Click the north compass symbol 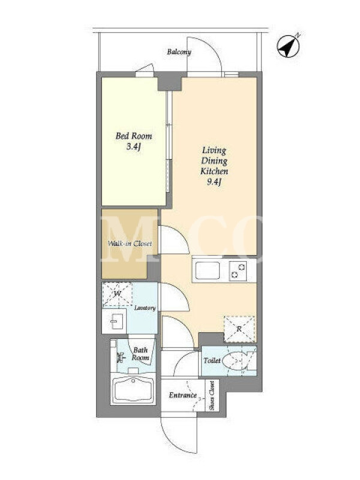click(288, 46)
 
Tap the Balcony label click(179, 52)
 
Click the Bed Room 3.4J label click(134, 141)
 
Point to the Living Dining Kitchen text click(214, 161)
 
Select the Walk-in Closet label click(130, 244)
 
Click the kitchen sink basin click(207, 271)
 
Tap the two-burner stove click(238, 271)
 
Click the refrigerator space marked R click(239, 329)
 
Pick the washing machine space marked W click(117, 295)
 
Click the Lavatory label click(145, 308)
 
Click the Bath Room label click(140, 353)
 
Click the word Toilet click(212, 361)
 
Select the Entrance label click(183, 395)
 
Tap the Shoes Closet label click(212, 395)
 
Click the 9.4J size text click(214, 182)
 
